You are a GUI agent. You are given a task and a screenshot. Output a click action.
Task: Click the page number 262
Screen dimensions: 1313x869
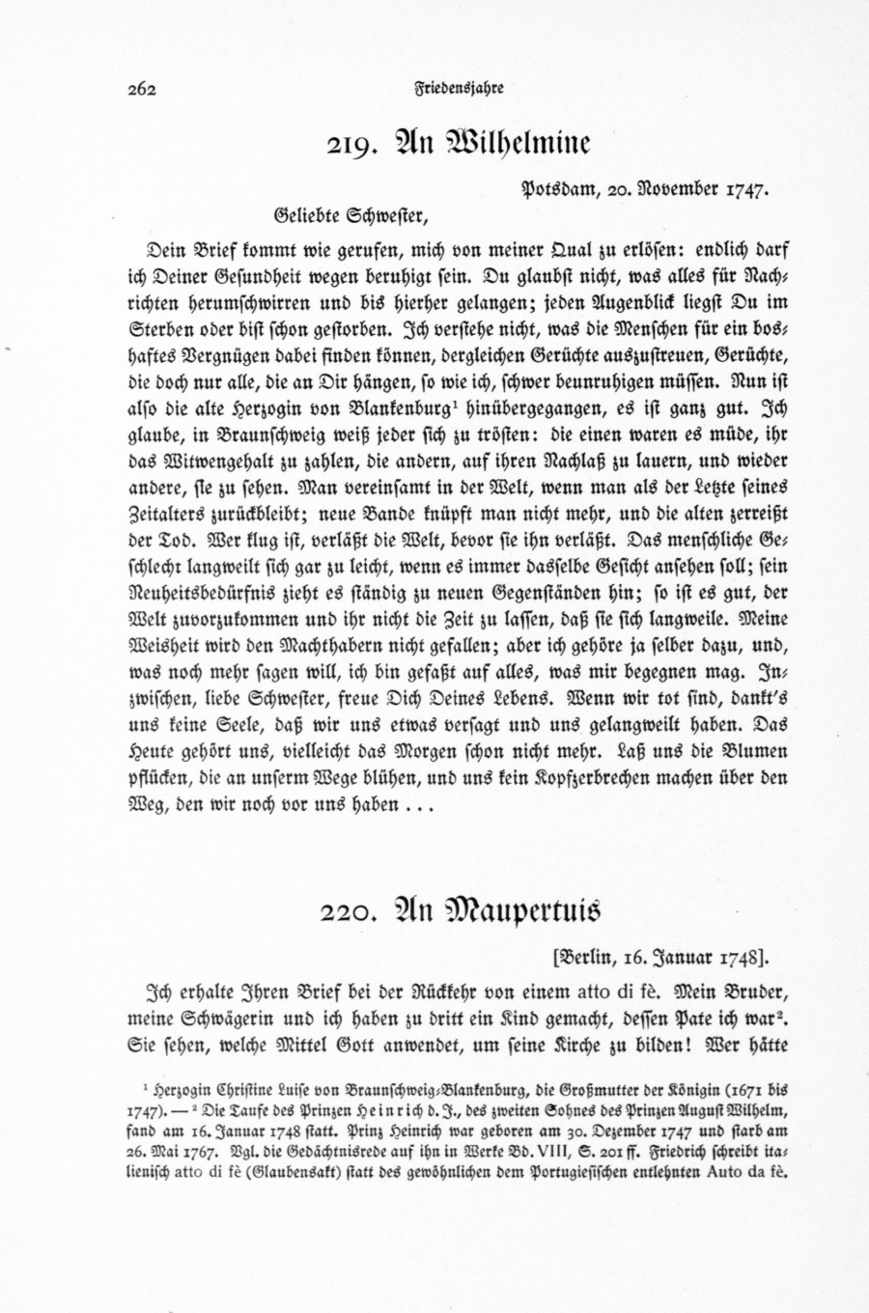[x=141, y=89]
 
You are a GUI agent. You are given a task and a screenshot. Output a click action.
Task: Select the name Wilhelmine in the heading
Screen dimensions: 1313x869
[x=518, y=143]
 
